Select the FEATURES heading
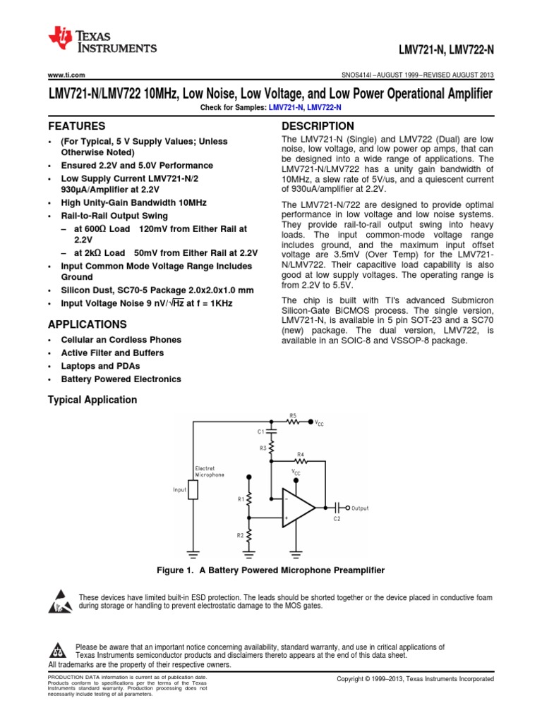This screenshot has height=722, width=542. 76,126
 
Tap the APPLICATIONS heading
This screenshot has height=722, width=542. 88,324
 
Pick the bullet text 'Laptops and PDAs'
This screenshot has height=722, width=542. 100,366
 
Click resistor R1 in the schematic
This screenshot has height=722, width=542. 248,498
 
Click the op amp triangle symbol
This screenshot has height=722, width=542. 299,508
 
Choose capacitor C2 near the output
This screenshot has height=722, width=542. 337,508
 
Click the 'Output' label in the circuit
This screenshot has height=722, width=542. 360,508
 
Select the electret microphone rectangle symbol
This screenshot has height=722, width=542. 193,489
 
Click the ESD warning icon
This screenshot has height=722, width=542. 58,601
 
